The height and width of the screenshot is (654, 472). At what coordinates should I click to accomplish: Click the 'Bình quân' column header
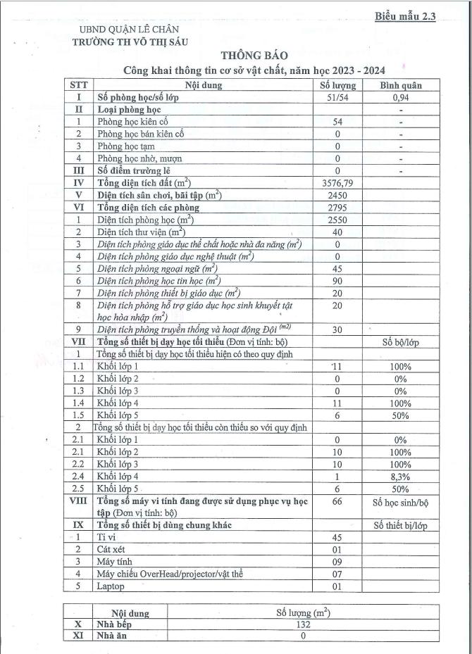(x=401, y=86)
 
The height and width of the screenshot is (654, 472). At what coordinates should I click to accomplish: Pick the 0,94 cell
(x=401, y=98)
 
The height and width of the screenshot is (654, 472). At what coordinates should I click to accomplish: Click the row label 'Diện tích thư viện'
(x=140, y=232)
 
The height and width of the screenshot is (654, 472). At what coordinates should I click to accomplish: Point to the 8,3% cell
(x=401, y=477)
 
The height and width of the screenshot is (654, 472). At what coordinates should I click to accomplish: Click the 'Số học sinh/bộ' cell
(x=401, y=504)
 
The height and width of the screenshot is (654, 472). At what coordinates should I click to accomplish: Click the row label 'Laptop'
(x=111, y=586)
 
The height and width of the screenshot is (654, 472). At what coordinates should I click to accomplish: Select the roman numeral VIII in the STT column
(x=78, y=501)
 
